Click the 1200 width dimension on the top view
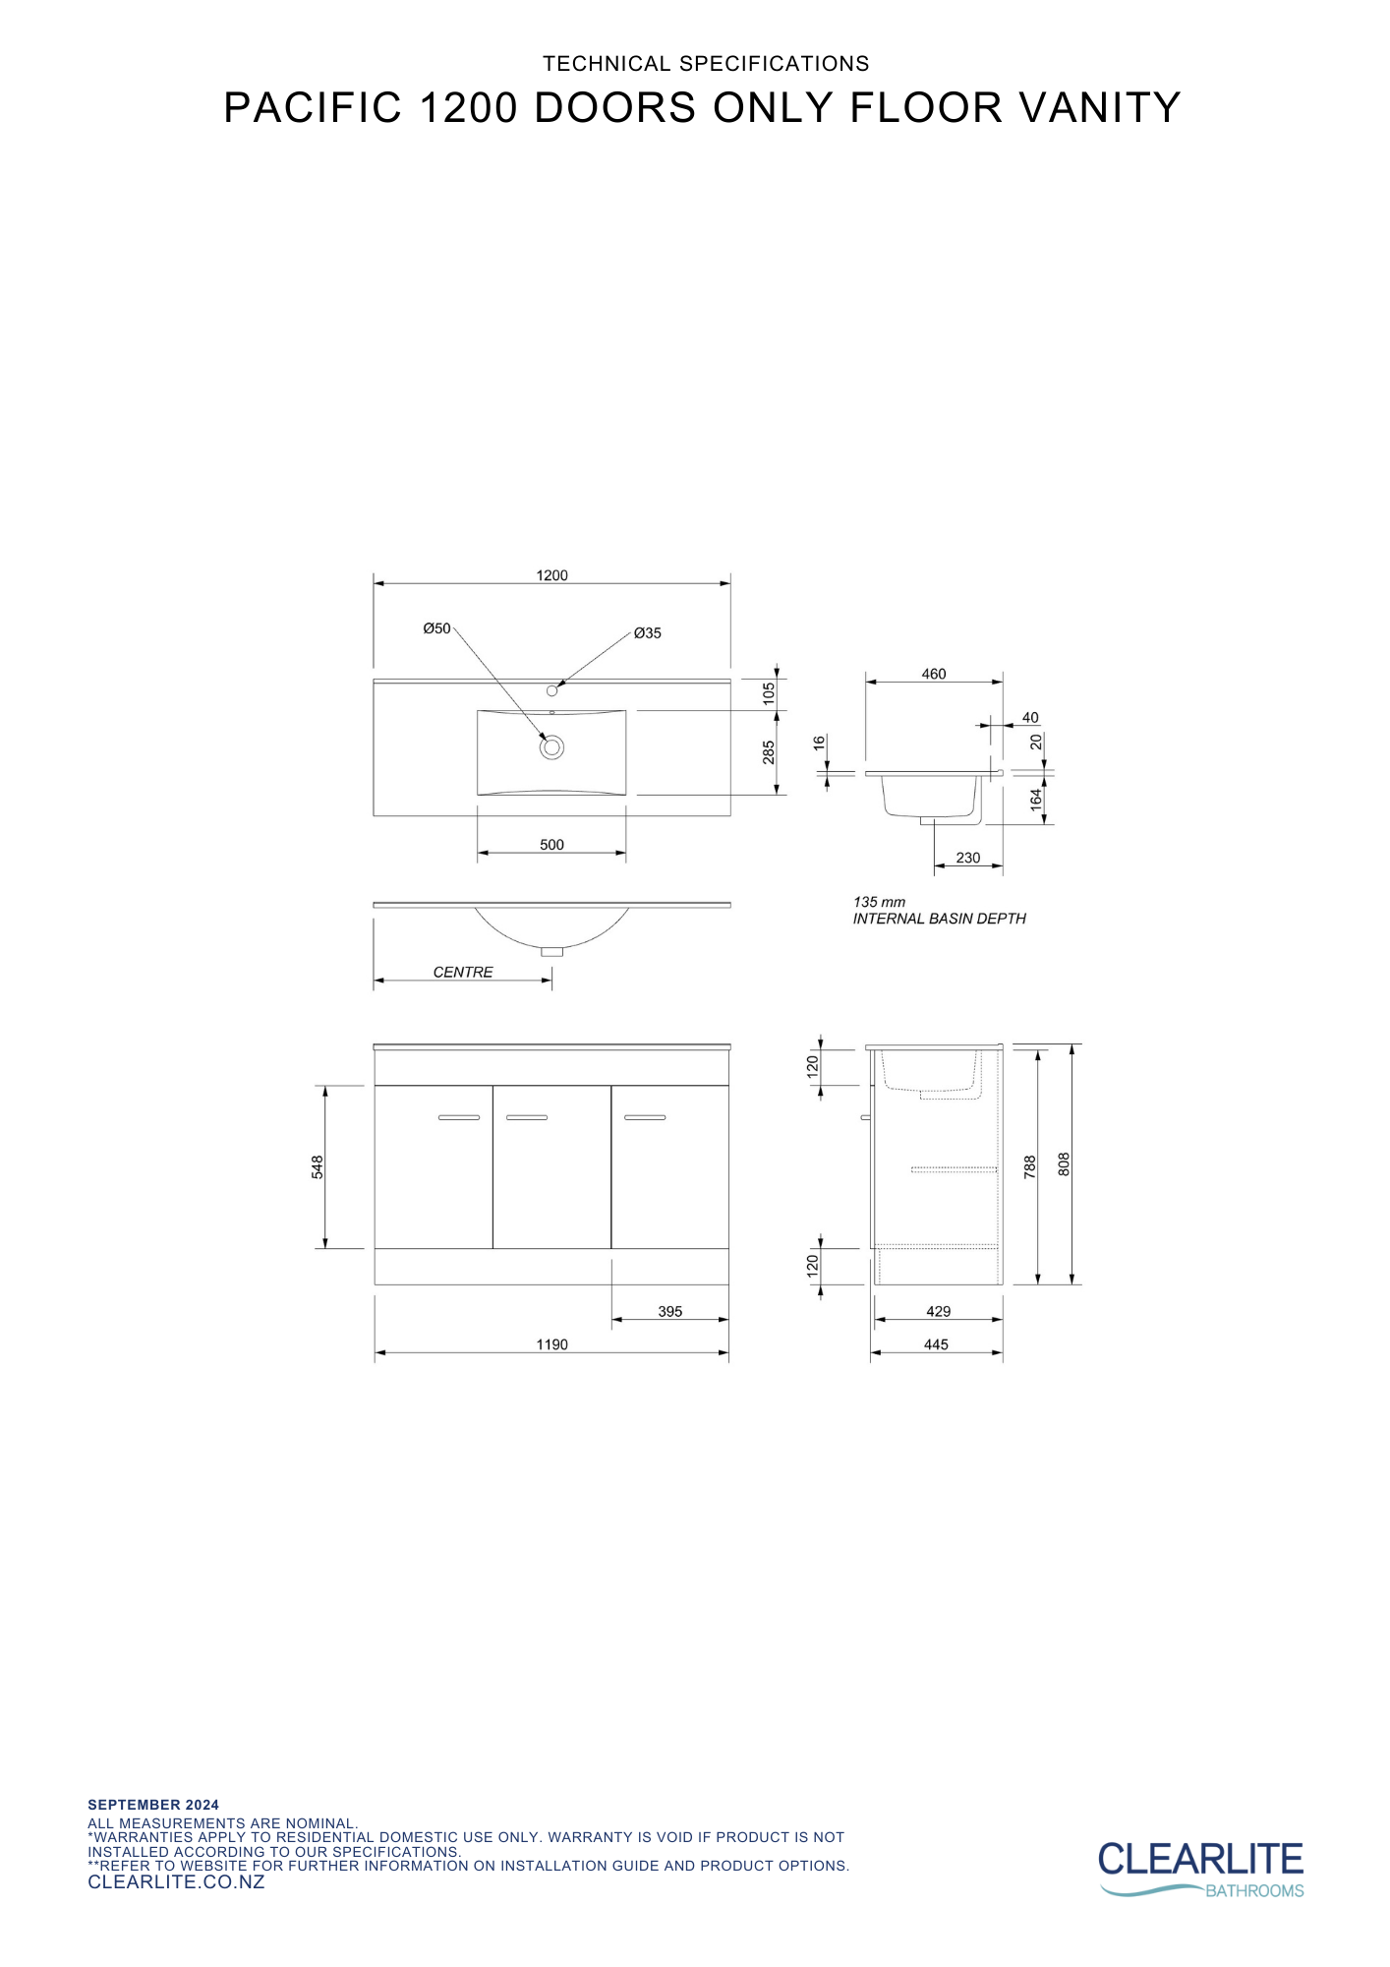pyautogui.click(x=551, y=575)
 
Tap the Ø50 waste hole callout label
pyautogui.click(x=436, y=628)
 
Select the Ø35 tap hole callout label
pyautogui.click(x=647, y=633)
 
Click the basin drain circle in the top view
pyautogui.click(x=551, y=747)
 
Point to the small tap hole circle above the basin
pyautogui.click(x=551, y=690)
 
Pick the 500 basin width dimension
pyautogui.click(x=551, y=845)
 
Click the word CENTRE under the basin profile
pyautogui.click(x=463, y=972)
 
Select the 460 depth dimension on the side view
pyautogui.click(x=933, y=674)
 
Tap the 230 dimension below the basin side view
pyautogui.click(x=967, y=858)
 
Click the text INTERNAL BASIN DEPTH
pyautogui.click(x=939, y=919)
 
